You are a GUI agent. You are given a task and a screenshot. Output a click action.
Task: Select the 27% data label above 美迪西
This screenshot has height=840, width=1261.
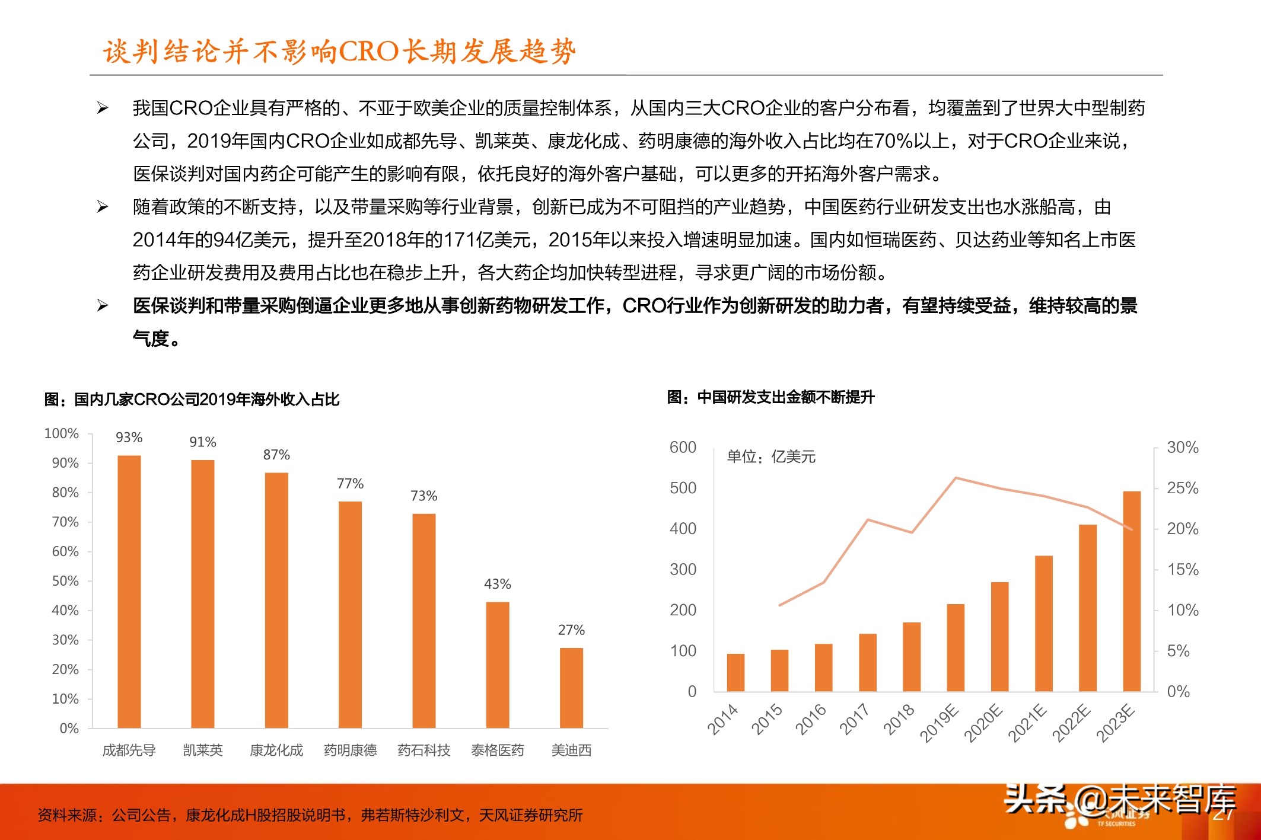pyautogui.click(x=571, y=630)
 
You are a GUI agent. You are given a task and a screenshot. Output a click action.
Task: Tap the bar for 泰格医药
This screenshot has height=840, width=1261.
pyautogui.click(x=498, y=665)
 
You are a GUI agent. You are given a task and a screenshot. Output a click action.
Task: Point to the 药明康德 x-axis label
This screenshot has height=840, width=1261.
pyautogui.click(x=350, y=750)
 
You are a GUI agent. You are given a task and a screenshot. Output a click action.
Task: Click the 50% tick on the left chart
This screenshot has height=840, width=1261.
pyautogui.click(x=65, y=581)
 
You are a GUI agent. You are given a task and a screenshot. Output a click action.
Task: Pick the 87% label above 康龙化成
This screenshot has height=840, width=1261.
pyautogui.click(x=276, y=455)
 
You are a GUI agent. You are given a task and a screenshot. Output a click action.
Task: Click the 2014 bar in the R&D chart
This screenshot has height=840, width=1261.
pyautogui.click(x=735, y=672)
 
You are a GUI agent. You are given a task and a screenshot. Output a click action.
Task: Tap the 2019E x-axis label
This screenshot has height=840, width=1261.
pyautogui.click(x=940, y=723)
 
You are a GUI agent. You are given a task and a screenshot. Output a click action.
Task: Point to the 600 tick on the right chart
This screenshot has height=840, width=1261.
pyautogui.click(x=683, y=447)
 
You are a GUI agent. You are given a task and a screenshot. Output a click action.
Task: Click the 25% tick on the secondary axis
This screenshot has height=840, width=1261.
pyautogui.click(x=1182, y=488)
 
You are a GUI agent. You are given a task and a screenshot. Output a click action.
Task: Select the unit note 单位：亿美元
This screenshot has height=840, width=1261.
pyautogui.click(x=771, y=456)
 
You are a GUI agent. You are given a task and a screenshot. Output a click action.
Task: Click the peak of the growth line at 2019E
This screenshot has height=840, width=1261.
pyautogui.click(x=956, y=478)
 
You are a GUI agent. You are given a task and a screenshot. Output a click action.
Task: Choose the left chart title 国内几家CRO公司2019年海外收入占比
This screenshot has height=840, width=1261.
pyautogui.click(x=192, y=399)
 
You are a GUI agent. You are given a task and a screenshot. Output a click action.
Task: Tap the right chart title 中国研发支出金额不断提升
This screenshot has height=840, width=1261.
pyautogui.click(x=770, y=397)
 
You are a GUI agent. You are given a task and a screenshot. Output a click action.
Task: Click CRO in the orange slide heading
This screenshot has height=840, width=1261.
pyautogui.click(x=368, y=52)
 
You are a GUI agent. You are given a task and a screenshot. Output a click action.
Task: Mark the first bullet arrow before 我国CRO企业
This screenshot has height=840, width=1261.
pyautogui.click(x=103, y=108)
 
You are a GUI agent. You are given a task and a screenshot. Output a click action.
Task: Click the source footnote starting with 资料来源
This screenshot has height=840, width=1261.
pyautogui.click(x=310, y=815)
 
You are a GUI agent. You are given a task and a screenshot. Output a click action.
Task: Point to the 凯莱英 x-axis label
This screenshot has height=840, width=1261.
pyautogui.click(x=203, y=750)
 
